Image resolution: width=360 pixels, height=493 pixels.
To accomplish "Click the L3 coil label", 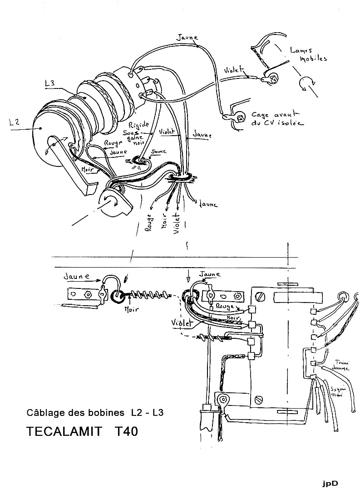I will tap(51, 83).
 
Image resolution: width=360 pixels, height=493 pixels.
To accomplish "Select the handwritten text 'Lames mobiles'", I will tap(309, 54).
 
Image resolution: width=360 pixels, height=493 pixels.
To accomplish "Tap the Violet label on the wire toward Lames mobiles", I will tap(234, 71).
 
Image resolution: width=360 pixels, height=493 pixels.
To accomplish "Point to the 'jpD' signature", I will tap(330, 483).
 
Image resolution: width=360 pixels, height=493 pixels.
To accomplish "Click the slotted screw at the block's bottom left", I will tap(259, 400).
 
